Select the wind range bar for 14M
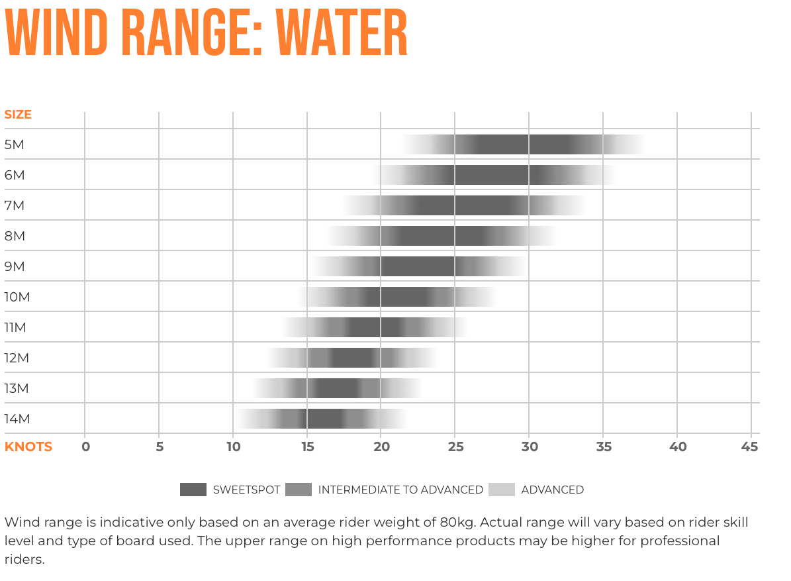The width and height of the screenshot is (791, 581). (x=323, y=419)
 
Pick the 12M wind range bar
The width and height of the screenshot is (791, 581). (x=353, y=358)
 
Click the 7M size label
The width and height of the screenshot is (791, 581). (x=15, y=206)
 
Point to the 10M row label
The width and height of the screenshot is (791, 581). (x=17, y=297)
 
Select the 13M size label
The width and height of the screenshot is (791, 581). (x=17, y=389)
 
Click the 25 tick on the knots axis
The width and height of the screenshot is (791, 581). (x=455, y=447)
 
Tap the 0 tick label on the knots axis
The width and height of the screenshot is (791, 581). (x=85, y=447)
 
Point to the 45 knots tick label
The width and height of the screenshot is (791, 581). (x=750, y=447)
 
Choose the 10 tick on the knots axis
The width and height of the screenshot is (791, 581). (x=233, y=447)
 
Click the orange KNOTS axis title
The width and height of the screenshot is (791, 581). (x=28, y=447)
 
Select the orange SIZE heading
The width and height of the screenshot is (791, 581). (x=18, y=115)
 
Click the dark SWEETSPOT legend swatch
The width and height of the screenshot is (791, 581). (x=193, y=490)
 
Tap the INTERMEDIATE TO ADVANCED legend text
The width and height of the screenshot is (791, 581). (x=400, y=490)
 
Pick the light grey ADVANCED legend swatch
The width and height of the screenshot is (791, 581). (x=501, y=490)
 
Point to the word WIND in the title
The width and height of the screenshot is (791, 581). (x=56, y=33)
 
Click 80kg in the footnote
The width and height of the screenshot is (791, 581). (x=455, y=523)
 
